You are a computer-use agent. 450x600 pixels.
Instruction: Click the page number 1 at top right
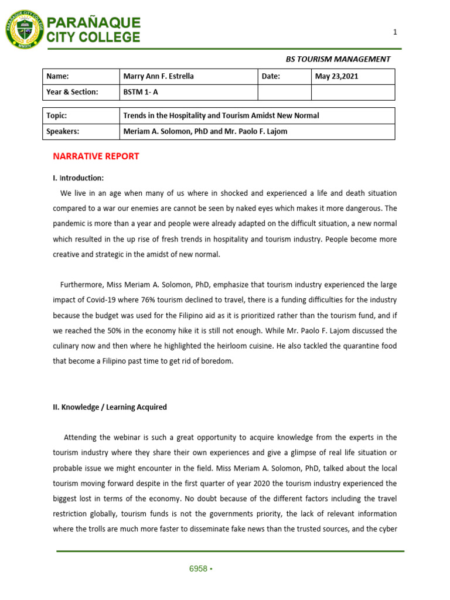pos(395,33)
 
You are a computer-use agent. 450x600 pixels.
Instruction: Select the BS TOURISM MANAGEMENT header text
pos(337,59)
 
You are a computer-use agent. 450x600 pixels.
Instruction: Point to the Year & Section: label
pos(73,92)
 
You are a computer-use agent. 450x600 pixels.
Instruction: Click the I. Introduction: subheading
pos(79,178)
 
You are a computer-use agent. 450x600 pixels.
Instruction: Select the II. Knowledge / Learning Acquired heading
pos(110,407)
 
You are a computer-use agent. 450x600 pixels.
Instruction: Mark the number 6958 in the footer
pos(197,569)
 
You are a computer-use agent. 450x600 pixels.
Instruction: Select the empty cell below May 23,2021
pos(352,92)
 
